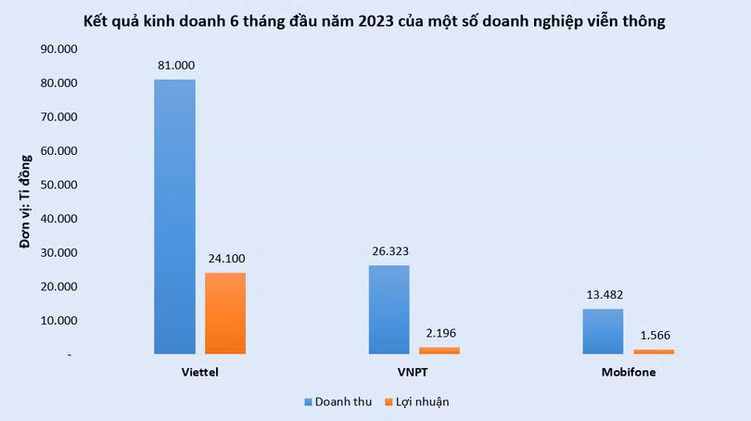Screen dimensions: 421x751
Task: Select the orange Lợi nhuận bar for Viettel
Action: point(225,313)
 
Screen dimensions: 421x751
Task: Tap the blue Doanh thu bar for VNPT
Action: point(388,309)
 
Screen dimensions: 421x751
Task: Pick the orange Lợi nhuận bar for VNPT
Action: point(439,351)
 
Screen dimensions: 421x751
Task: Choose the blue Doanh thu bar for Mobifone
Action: point(603,331)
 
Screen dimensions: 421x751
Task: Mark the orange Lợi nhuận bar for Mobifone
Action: point(654,351)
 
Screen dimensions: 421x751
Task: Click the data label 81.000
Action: point(174,65)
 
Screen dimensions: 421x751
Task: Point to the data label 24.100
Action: point(225,258)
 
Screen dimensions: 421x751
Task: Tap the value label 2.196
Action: point(439,333)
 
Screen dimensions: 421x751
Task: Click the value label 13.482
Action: point(603,294)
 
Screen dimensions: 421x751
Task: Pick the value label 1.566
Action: point(654,335)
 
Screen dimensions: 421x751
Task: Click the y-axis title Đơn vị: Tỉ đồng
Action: point(25,201)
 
